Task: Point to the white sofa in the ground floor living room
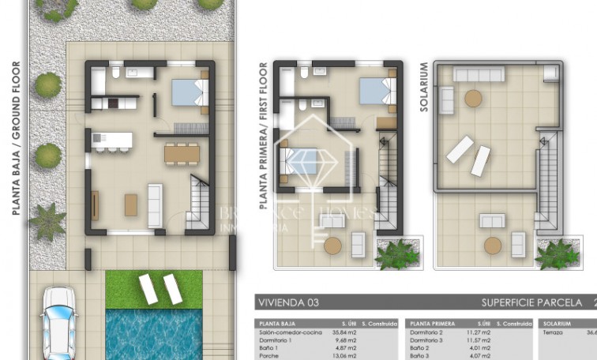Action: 155,204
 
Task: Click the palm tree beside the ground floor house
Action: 47,220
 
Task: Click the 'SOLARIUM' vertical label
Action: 424,88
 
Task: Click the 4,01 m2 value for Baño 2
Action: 479,347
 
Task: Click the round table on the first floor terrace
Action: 332,246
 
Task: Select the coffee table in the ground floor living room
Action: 131,205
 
